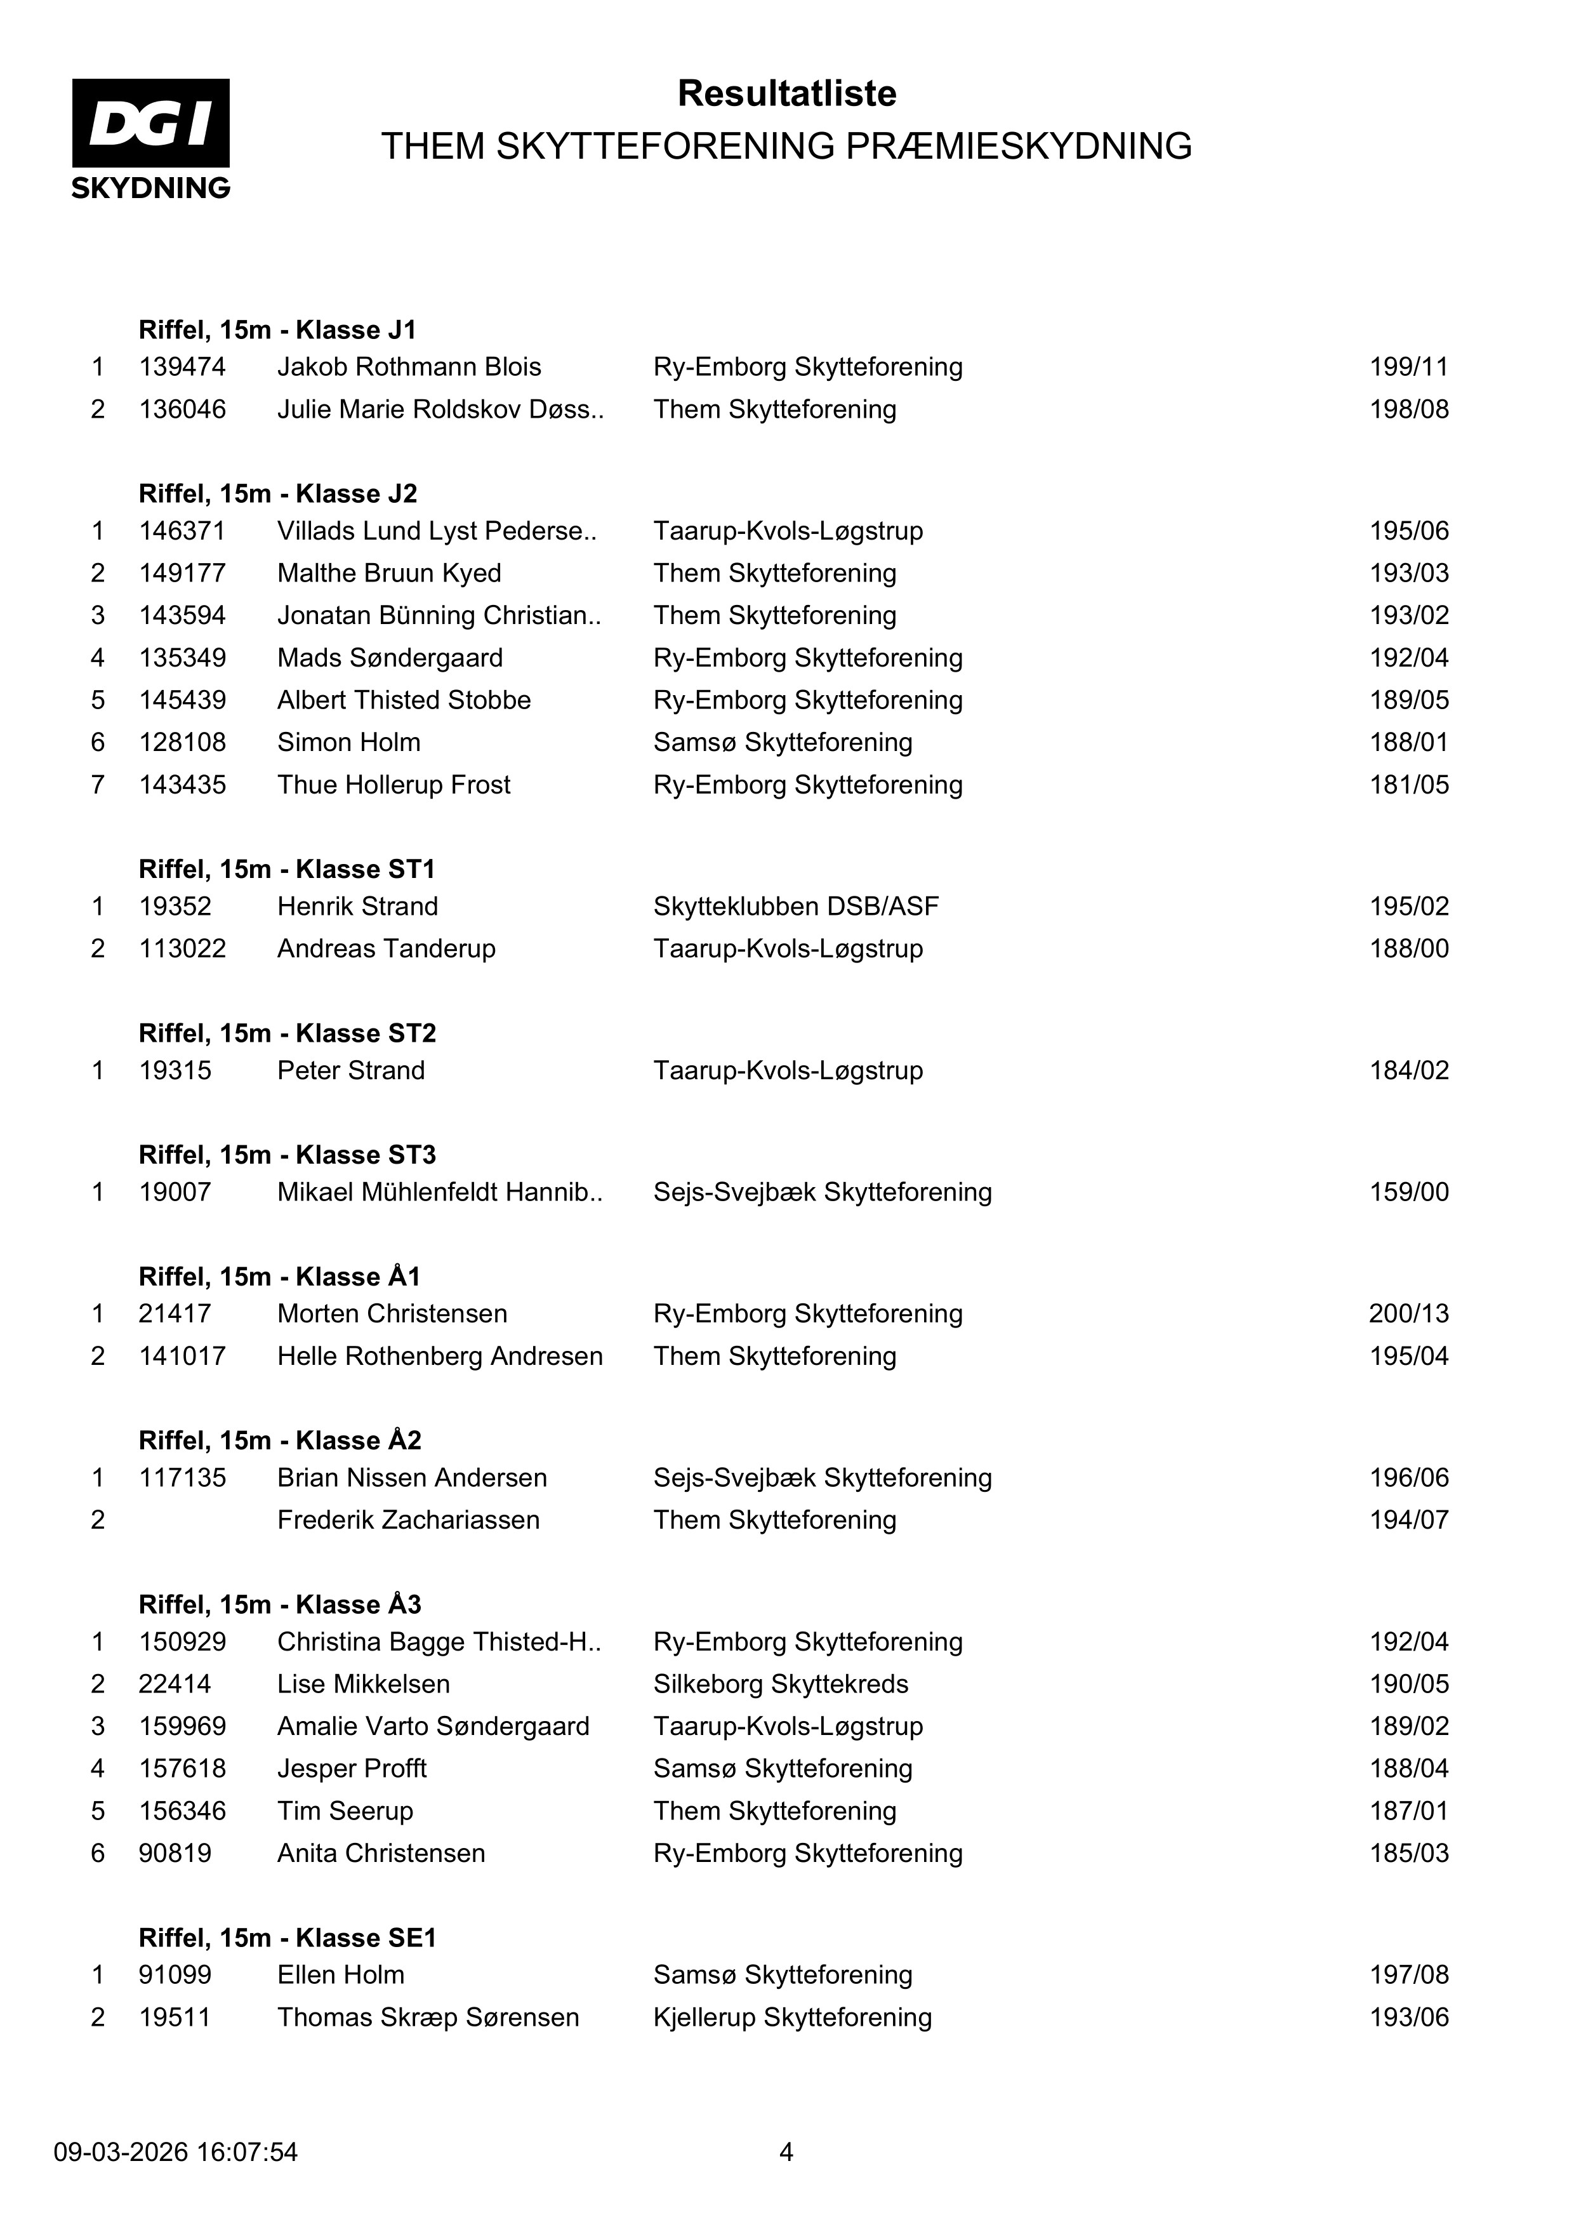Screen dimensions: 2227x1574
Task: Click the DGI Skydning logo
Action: click(x=150, y=138)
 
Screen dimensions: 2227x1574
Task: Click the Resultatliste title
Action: click(x=786, y=93)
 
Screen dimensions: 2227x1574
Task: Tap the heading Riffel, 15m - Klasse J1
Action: click(x=277, y=329)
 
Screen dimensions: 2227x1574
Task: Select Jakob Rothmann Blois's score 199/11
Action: click(x=1408, y=367)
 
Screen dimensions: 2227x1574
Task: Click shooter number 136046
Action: click(x=182, y=409)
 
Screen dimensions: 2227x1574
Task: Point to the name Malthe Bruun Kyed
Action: click(x=389, y=573)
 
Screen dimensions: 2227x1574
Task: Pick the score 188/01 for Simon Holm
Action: click(x=1408, y=742)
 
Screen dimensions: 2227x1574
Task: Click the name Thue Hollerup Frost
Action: click(x=393, y=785)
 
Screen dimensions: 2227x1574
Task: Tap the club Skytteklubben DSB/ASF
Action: click(x=795, y=906)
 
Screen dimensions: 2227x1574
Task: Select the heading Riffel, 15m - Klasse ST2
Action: click(x=287, y=1033)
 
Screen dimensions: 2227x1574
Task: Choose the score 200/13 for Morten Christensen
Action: click(x=1408, y=1313)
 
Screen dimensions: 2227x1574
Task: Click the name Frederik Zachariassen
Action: click(x=408, y=1520)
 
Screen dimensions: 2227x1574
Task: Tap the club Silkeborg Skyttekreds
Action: click(x=781, y=1684)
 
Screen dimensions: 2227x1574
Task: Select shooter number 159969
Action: click(x=182, y=1727)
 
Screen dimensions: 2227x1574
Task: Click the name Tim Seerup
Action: click(x=345, y=1811)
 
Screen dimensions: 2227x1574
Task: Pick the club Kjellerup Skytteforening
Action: click(x=792, y=2018)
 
